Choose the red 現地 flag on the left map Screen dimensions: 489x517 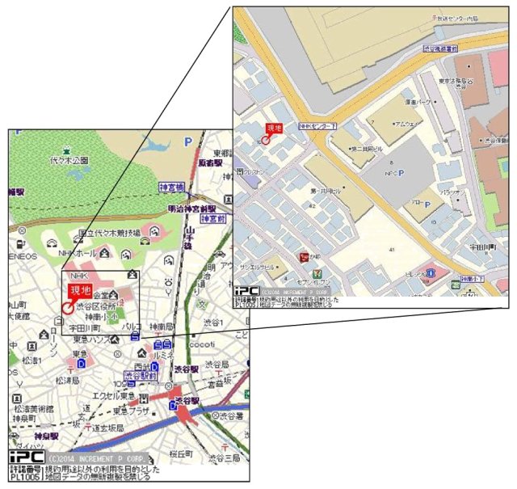click(80, 290)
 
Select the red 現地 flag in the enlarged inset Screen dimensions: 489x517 click(275, 127)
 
